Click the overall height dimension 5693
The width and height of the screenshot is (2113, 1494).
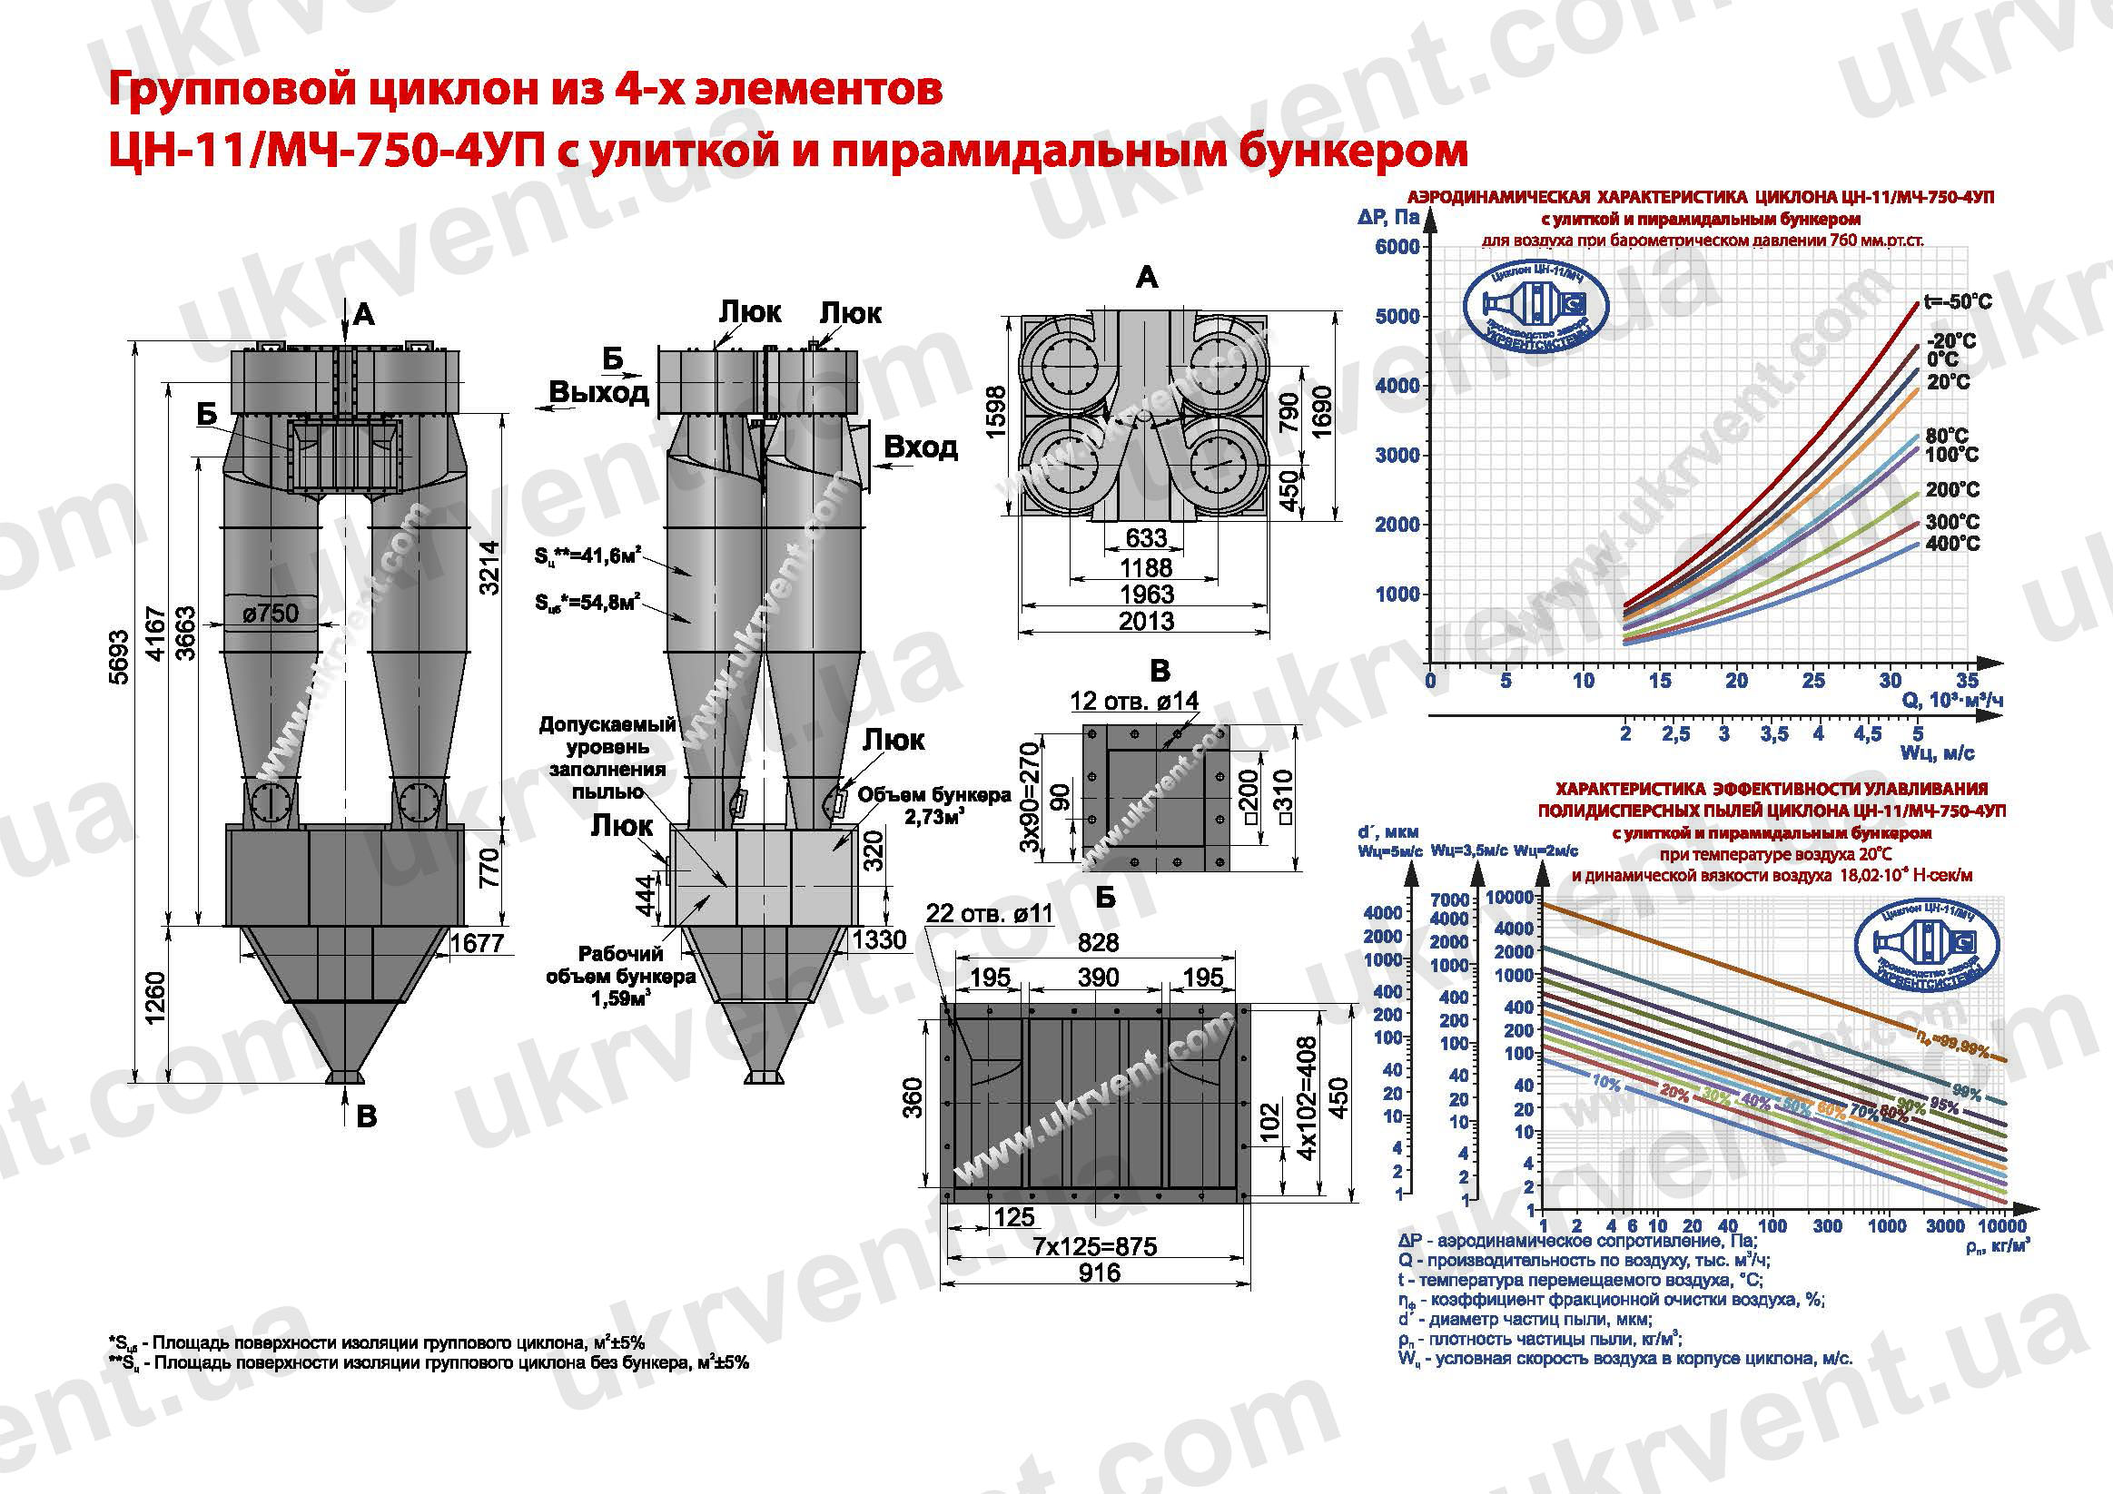[119, 658]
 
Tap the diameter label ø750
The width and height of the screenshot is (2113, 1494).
[271, 614]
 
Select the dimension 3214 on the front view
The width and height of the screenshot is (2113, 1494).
[489, 567]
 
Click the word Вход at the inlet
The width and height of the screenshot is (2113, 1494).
[921, 447]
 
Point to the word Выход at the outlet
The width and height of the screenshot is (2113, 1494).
[599, 393]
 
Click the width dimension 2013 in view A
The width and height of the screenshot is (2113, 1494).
[1146, 622]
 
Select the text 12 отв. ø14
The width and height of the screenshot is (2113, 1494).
[1134, 701]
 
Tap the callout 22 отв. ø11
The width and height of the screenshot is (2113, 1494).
[990, 913]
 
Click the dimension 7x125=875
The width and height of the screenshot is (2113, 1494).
[1094, 1246]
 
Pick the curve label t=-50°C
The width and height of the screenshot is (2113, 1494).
[1958, 301]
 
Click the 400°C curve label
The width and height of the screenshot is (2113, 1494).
[1952, 544]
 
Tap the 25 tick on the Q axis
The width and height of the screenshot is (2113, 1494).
[1813, 681]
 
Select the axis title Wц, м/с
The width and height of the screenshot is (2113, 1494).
[1937, 753]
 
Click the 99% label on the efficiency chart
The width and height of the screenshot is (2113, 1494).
[1967, 1093]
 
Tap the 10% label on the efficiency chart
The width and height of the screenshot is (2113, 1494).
[1606, 1084]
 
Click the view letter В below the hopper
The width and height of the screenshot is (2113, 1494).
[366, 1116]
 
